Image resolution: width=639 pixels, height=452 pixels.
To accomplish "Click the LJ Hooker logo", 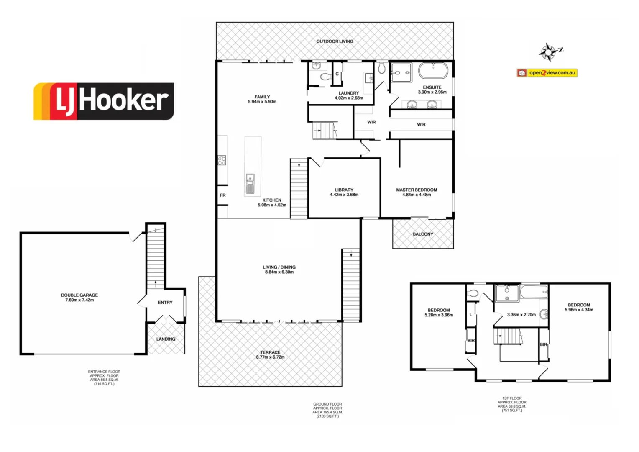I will [x=104, y=101].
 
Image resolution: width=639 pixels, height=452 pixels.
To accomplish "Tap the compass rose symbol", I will [x=549, y=52].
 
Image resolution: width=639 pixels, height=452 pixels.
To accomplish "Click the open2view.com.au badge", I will [x=547, y=73].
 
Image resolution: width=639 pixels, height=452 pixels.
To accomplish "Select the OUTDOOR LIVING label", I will [x=335, y=41].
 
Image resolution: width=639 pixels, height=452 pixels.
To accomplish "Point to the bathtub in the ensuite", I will [x=433, y=71].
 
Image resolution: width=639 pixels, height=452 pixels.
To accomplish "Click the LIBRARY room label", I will [x=344, y=190].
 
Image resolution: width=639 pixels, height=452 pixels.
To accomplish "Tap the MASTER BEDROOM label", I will [x=417, y=190].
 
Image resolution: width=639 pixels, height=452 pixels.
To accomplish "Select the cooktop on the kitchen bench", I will [x=222, y=160].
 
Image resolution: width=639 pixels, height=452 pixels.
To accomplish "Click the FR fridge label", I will [x=223, y=195].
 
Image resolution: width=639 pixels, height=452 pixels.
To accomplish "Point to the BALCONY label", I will [x=423, y=234].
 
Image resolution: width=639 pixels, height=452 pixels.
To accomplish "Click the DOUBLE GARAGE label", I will [x=79, y=295].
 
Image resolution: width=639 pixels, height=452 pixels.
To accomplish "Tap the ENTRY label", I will [x=165, y=303].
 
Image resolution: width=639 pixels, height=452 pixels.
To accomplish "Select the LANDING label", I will [x=166, y=339].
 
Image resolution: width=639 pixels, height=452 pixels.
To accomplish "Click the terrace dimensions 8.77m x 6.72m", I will [x=270, y=357].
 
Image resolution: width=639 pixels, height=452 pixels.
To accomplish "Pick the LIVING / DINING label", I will [x=279, y=267].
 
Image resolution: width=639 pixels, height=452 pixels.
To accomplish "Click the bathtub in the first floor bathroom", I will [x=533, y=291].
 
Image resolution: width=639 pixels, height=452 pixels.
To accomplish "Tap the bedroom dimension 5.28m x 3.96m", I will [x=439, y=315].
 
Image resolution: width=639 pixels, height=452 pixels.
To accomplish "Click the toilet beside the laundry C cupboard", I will [x=325, y=77].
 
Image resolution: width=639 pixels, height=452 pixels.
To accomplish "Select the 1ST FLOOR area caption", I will [x=512, y=404].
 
